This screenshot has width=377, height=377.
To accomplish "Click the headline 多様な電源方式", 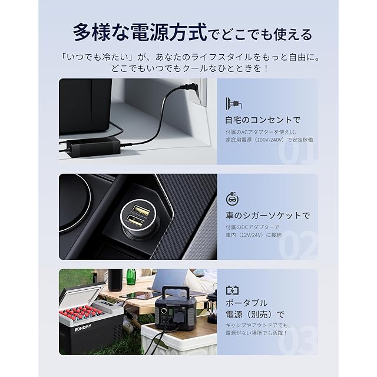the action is [140, 32].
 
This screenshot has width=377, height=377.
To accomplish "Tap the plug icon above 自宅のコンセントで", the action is [234, 104].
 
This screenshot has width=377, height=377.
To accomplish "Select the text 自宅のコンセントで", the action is [263, 120].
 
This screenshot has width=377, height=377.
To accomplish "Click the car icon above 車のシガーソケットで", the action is [232, 199].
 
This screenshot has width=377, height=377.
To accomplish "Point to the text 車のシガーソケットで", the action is [267, 215].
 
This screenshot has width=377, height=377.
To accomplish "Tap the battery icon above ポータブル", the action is [232, 290].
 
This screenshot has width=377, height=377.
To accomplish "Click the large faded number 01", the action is [298, 153].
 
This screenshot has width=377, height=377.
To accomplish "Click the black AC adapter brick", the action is [93, 147].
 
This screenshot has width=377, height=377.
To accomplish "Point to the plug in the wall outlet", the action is [190, 88].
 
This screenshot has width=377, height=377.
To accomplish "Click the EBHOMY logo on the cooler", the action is [83, 328].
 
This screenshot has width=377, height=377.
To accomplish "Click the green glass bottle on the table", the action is [131, 277].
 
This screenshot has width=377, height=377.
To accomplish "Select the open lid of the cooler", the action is [82, 295].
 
